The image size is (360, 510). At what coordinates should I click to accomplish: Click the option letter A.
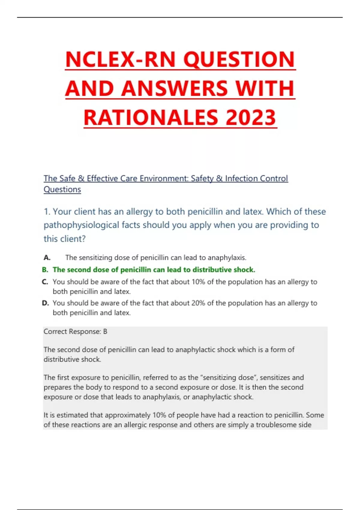(x=47, y=258)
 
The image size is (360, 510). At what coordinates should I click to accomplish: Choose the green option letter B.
(x=45, y=270)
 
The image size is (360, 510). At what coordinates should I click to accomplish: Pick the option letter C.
(x=45, y=282)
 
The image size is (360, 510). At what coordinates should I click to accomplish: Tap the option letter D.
(x=45, y=303)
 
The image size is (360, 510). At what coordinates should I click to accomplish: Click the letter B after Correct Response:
(x=105, y=331)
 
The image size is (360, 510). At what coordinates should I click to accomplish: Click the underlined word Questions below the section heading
(x=62, y=190)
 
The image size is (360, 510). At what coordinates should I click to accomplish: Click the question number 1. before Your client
(x=47, y=212)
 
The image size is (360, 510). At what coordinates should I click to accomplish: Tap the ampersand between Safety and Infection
(x=220, y=178)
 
